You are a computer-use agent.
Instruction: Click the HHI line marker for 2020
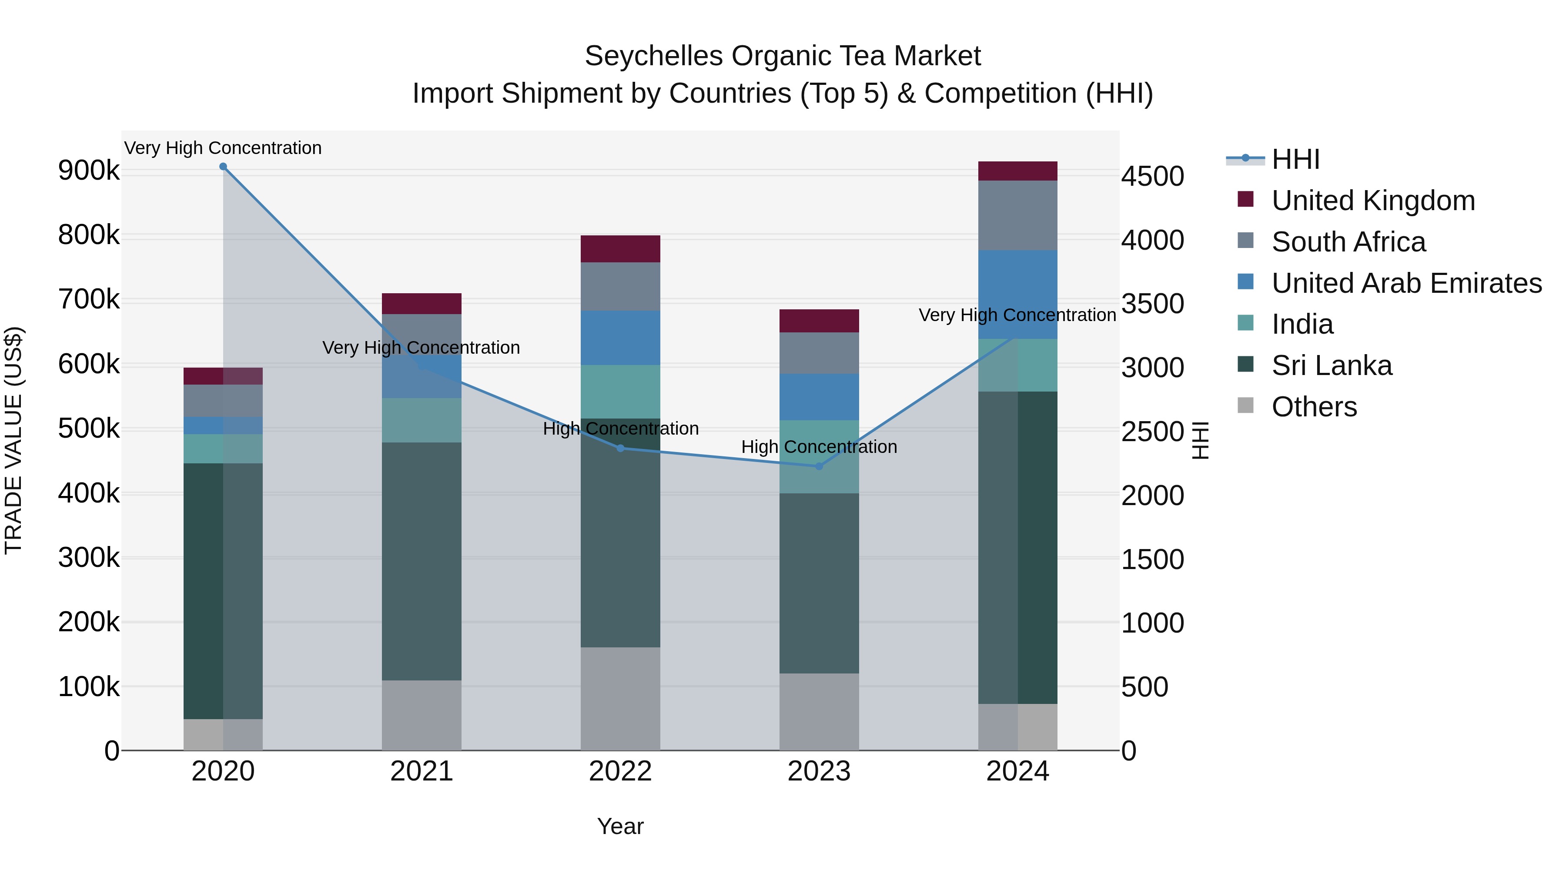point(223,167)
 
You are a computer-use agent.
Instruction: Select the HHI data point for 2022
point(620,448)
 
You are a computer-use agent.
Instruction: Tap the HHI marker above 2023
point(818,466)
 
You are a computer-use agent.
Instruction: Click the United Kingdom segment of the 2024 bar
point(1017,171)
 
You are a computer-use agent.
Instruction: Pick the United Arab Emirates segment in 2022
point(620,338)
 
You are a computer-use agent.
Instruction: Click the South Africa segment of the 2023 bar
point(818,353)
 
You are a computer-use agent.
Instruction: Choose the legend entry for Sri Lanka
point(1332,365)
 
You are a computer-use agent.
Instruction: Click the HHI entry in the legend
point(1295,159)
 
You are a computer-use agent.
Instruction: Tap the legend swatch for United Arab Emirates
point(1245,282)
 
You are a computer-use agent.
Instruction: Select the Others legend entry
point(1314,407)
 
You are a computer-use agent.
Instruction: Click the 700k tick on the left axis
point(89,300)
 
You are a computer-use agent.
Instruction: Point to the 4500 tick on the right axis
point(1152,176)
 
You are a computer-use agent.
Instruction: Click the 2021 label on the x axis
point(421,771)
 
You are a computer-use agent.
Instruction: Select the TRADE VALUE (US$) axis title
point(13,440)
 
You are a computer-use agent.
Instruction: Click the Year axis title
point(620,826)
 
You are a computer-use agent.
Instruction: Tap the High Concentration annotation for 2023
point(818,447)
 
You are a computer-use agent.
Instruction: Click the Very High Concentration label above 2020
point(223,148)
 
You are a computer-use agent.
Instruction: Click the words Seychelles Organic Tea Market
point(783,56)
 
